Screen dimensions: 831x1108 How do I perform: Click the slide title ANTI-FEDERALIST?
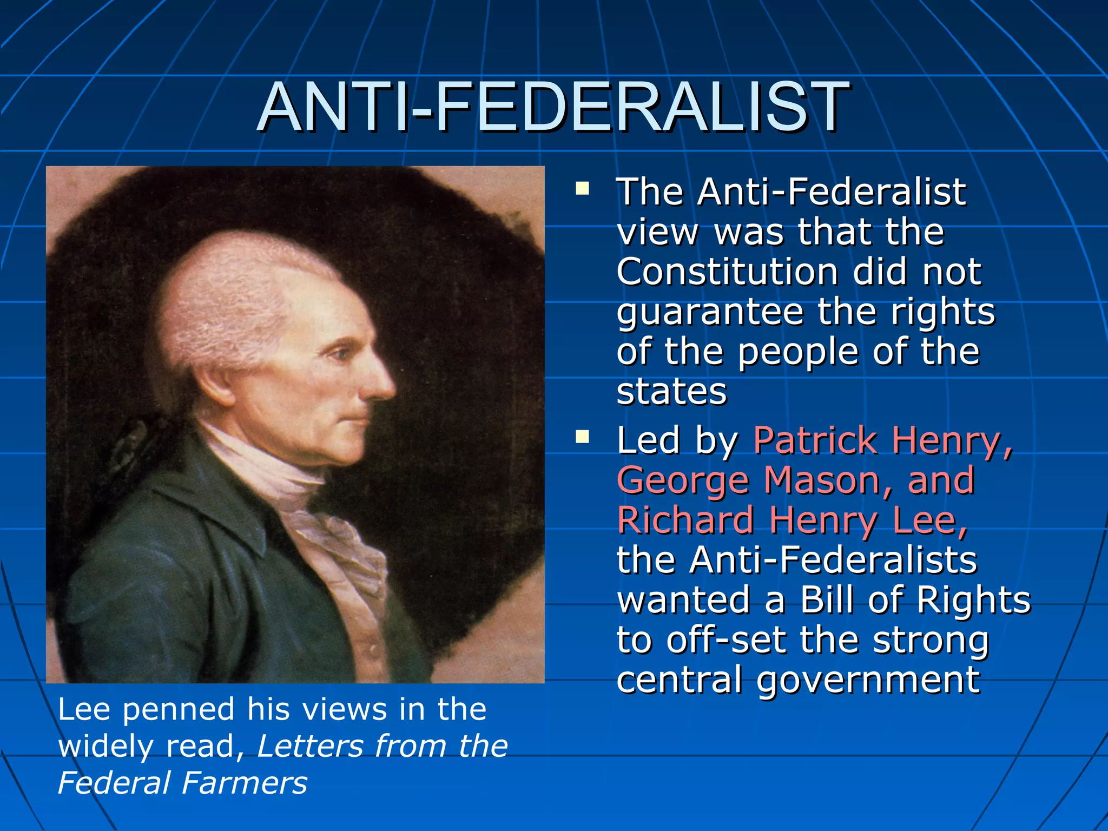pyautogui.click(x=553, y=107)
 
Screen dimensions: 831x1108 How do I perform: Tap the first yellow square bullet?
pyautogui.click(x=582, y=189)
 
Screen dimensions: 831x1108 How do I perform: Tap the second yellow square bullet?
pyautogui.click(x=582, y=437)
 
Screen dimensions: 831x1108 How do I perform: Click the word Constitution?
pyautogui.click(x=727, y=272)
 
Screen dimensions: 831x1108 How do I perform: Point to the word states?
pyautogui.click(x=671, y=392)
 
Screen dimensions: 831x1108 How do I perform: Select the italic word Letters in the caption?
pyautogui.click(x=309, y=746)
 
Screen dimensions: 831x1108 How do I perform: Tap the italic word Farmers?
pyautogui.click(x=245, y=783)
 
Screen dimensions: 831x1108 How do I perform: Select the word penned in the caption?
pyautogui.click(x=179, y=710)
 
